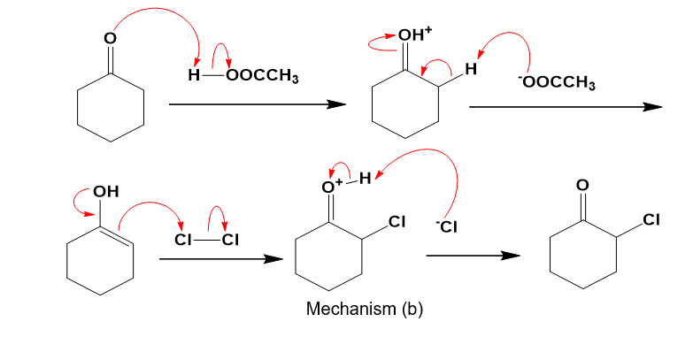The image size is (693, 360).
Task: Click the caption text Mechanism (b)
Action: pos(364,310)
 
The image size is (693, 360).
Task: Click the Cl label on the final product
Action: pos(653,220)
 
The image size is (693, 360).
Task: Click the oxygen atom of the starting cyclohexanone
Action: pos(110,39)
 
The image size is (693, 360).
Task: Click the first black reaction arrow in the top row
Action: pos(256,104)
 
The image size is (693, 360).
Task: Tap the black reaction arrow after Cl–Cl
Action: pos(213,259)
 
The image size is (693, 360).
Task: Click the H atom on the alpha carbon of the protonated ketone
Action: pos(472,69)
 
